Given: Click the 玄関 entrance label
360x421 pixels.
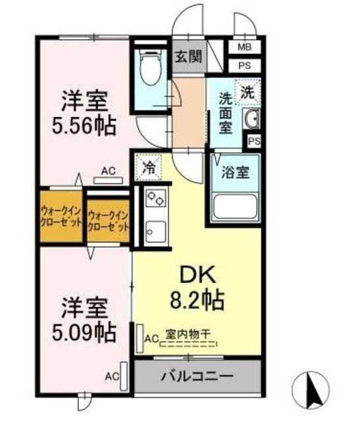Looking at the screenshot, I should (188, 57).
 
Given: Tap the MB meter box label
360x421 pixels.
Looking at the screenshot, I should (244, 47).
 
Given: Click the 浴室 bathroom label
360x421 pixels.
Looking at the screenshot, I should (235, 174).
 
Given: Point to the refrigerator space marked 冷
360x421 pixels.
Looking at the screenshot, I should (149, 167).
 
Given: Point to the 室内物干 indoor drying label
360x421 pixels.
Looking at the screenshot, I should (188, 335).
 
